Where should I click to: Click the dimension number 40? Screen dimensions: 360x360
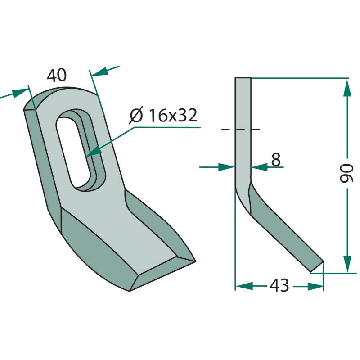click(57, 75)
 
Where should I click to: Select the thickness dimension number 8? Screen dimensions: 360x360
click(276, 160)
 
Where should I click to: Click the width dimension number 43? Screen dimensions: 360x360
click(279, 286)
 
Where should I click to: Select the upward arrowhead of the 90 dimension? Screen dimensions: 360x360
click(347, 90)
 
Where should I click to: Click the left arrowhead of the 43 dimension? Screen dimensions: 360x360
click(244, 286)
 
